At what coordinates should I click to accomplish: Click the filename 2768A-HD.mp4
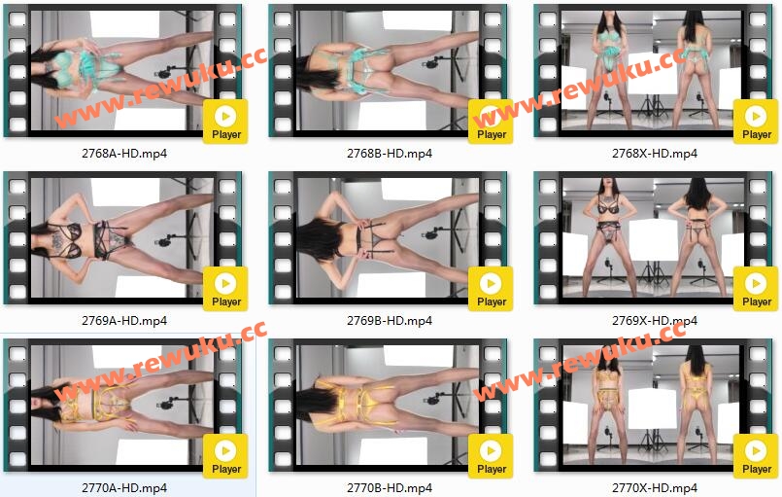tap(124, 154)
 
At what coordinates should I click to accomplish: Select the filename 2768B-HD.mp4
tap(390, 154)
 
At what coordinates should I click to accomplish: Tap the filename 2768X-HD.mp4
tap(655, 154)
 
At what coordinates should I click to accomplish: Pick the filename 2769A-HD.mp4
tap(124, 321)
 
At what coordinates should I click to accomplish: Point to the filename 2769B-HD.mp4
tap(390, 321)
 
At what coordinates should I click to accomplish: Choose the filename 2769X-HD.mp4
tap(655, 321)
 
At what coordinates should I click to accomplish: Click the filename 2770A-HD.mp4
tap(124, 488)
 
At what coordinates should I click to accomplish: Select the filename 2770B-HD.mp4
tap(390, 488)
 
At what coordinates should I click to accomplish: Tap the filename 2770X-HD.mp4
tap(655, 488)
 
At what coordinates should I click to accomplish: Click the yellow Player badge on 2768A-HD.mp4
tap(225, 122)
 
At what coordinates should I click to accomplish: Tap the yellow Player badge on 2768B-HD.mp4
tap(491, 122)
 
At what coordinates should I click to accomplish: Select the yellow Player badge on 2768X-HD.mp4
tap(756, 122)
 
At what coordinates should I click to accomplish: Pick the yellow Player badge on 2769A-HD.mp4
tap(225, 289)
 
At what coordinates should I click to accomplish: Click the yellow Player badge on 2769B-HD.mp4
tap(491, 289)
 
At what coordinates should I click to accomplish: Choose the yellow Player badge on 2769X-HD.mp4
tap(756, 289)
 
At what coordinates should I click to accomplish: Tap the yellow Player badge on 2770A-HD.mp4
tap(225, 456)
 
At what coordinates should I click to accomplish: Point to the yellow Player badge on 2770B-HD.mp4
tap(491, 456)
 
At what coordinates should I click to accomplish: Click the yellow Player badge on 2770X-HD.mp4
tap(756, 456)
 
